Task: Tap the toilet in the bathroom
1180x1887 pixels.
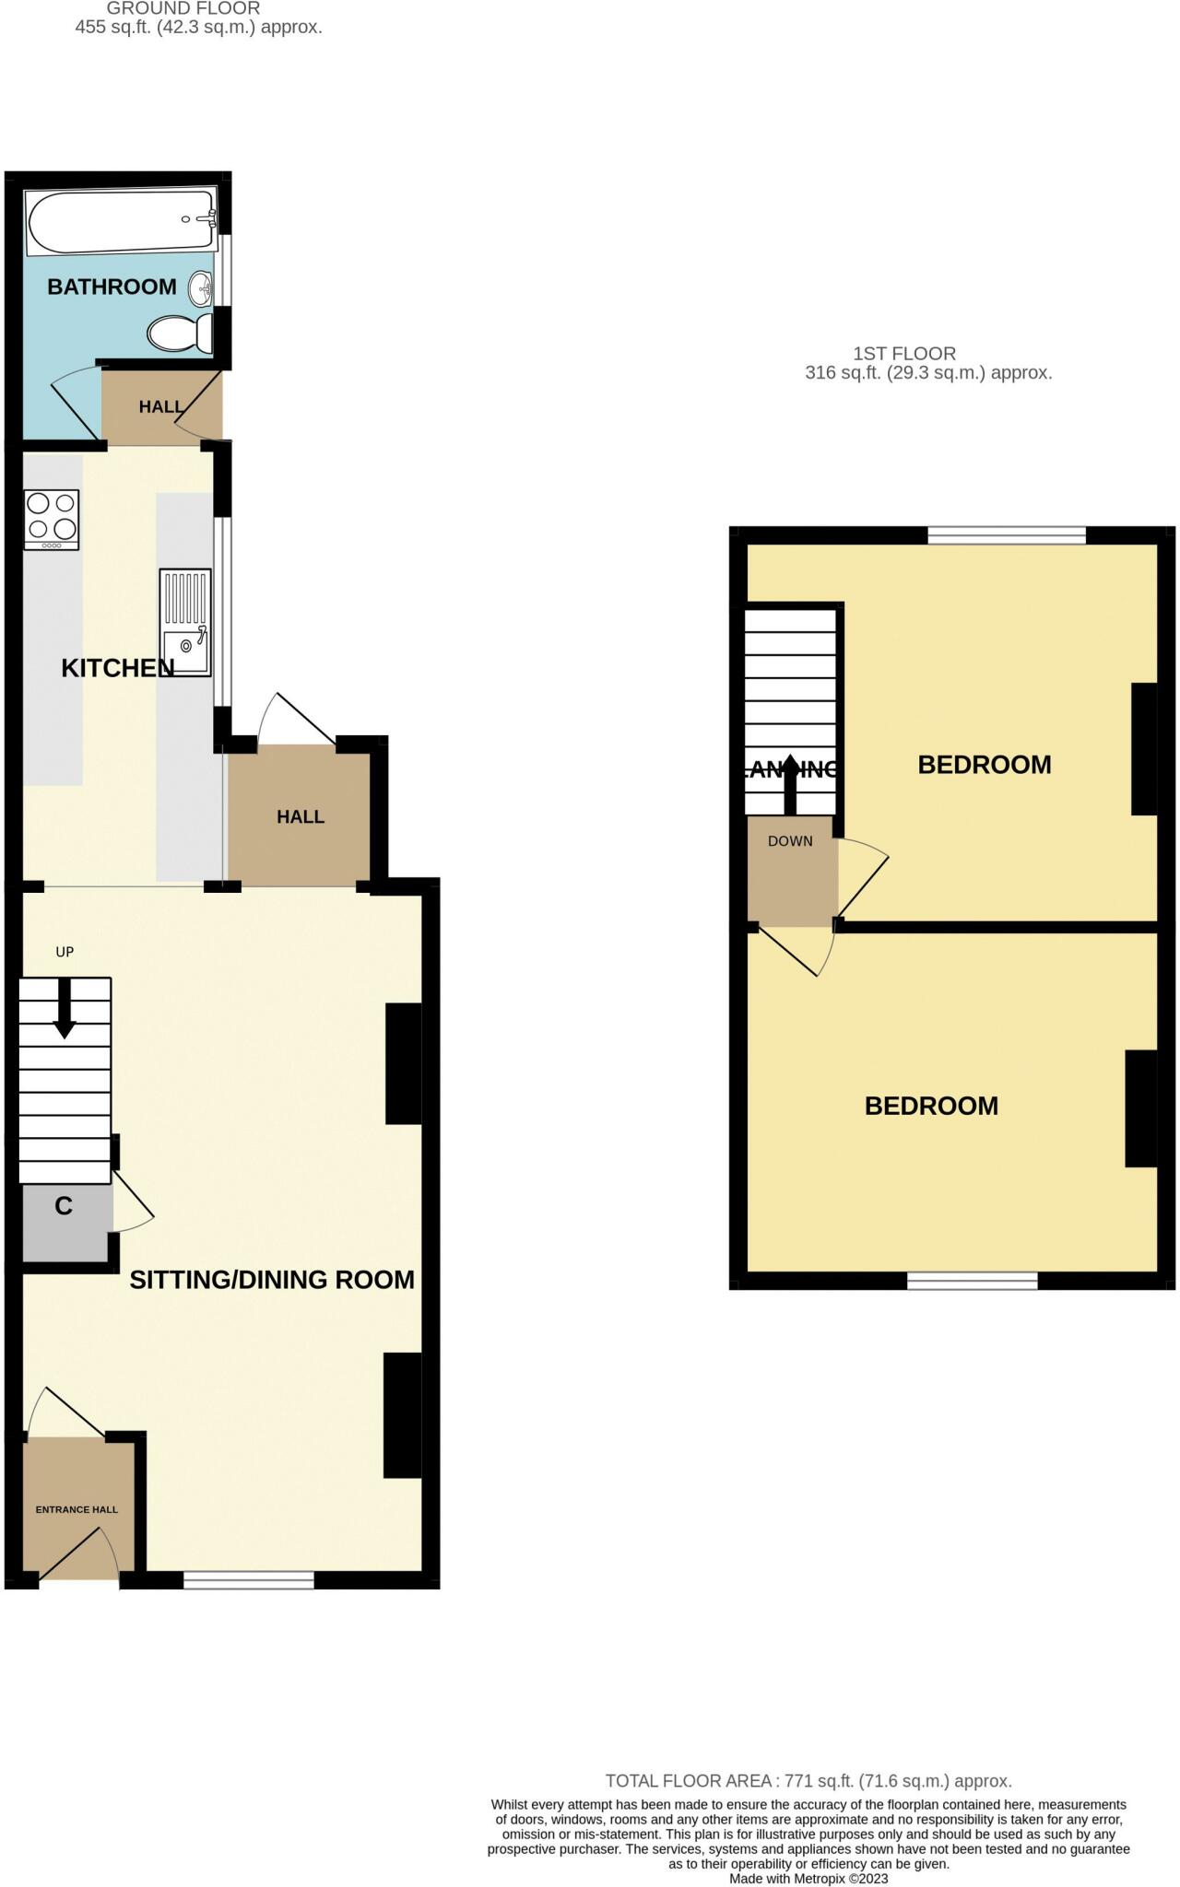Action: pos(180,333)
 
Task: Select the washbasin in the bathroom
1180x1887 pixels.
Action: pos(202,289)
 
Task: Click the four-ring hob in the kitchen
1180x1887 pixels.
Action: pos(52,518)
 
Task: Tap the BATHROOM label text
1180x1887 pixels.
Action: pos(112,287)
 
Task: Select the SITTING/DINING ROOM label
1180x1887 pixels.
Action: pos(272,1279)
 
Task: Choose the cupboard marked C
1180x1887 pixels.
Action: pos(64,1206)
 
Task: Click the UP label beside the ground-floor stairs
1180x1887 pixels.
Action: pos(65,952)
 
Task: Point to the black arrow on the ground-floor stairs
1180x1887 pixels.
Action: pos(65,1009)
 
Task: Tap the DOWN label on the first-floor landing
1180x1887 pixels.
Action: pos(790,841)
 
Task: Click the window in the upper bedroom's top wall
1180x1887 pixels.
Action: pos(1007,535)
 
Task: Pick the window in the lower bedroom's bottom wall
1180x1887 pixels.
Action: pos(973,1280)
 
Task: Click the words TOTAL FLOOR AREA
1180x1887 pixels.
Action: pos(689,1781)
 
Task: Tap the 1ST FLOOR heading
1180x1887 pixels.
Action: pos(904,353)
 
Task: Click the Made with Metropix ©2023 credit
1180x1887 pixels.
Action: pos(808,1878)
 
